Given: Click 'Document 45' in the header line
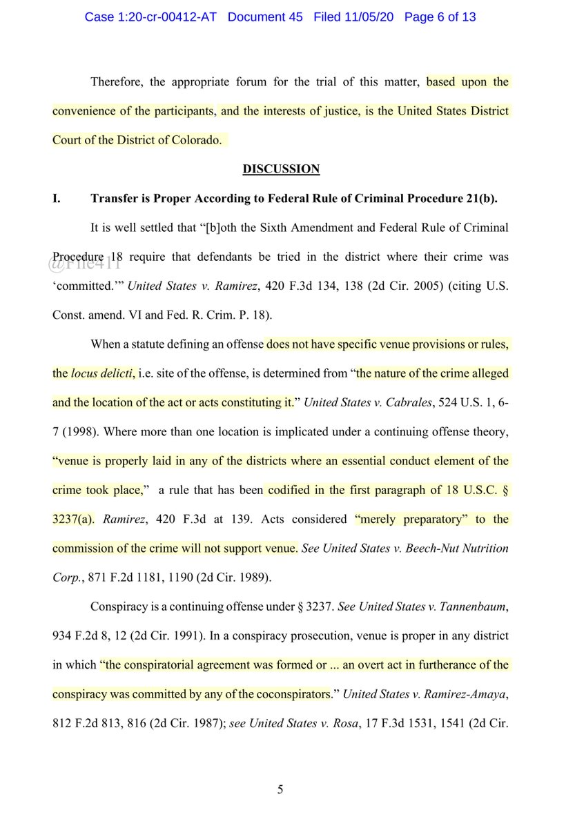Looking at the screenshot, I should [265, 17].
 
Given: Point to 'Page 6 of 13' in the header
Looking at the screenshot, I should [439, 17].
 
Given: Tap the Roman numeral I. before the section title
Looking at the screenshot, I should [57, 199].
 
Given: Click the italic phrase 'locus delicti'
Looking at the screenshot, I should [103, 373].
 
